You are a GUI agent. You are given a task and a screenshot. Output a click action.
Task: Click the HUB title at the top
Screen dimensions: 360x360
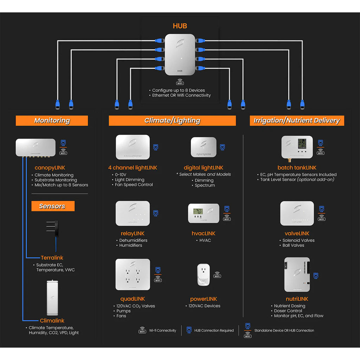(x=180, y=26)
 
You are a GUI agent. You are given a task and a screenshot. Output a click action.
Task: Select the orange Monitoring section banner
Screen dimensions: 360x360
(x=52, y=121)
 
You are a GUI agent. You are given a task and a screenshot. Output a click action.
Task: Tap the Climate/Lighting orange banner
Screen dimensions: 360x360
(x=172, y=121)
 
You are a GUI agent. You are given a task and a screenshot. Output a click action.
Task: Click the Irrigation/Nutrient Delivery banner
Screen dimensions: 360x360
(x=297, y=121)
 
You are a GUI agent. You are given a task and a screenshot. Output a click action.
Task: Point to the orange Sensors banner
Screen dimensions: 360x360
(x=53, y=206)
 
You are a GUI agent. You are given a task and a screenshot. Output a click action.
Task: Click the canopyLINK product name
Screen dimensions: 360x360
(x=50, y=168)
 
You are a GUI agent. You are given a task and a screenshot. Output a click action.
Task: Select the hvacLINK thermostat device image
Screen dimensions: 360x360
(x=204, y=213)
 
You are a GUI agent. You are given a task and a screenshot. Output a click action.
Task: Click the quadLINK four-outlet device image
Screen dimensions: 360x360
(x=133, y=275)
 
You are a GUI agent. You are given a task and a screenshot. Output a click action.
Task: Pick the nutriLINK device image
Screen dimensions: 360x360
(x=297, y=275)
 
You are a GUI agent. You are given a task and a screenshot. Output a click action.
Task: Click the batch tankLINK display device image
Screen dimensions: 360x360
(x=297, y=147)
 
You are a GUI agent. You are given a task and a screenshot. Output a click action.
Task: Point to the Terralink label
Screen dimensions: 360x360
(x=52, y=258)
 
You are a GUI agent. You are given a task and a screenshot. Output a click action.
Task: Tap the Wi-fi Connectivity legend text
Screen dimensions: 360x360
(x=162, y=330)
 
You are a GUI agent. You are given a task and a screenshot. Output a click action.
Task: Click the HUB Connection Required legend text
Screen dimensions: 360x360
(x=214, y=330)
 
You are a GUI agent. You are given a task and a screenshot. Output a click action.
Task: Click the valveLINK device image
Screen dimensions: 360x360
(x=297, y=213)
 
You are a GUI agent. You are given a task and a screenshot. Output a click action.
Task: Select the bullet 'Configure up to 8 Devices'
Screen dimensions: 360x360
(x=178, y=90)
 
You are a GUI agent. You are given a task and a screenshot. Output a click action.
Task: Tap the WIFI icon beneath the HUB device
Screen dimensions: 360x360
(x=180, y=83)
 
